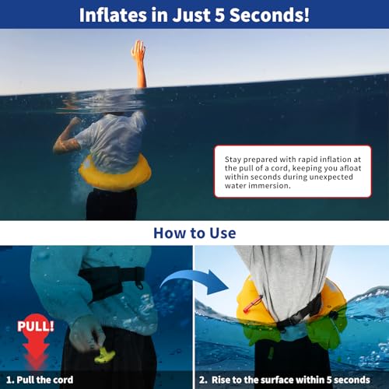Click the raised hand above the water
[x=138, y=52]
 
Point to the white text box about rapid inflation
[x=291, y=171]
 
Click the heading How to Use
[x=194, y=233]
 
